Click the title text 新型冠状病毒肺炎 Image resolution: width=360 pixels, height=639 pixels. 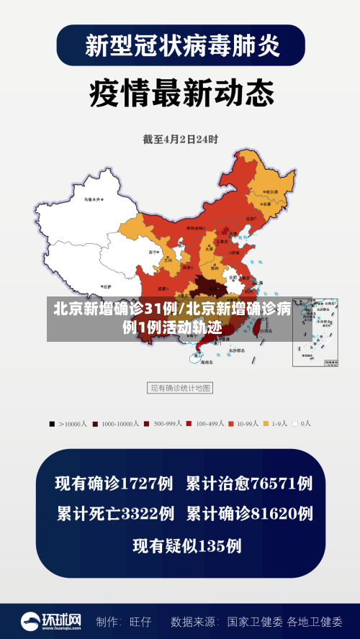(180, 45)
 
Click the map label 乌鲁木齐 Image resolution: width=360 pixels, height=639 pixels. (93, 199)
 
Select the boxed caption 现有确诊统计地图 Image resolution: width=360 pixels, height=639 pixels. (180, 388)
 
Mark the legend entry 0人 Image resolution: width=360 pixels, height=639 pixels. (302, 424)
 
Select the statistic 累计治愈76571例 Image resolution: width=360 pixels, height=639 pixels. (249, 483)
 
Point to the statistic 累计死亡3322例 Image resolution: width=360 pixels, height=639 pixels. (115, 514)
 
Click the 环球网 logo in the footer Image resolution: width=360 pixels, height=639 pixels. (51, 620)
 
